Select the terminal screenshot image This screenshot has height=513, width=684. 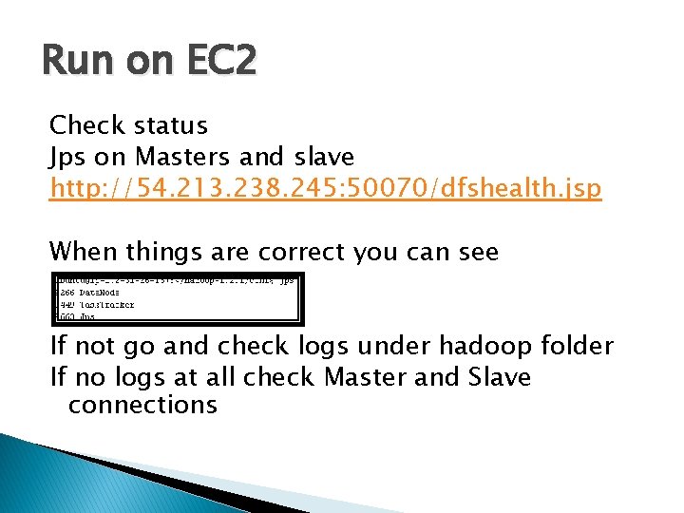click(x=177, y=298)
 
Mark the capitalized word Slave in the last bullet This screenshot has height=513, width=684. click(x=500, y=377)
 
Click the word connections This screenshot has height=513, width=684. click(x=142, y=405)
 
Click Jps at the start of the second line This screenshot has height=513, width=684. click(x=66, y=156)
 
